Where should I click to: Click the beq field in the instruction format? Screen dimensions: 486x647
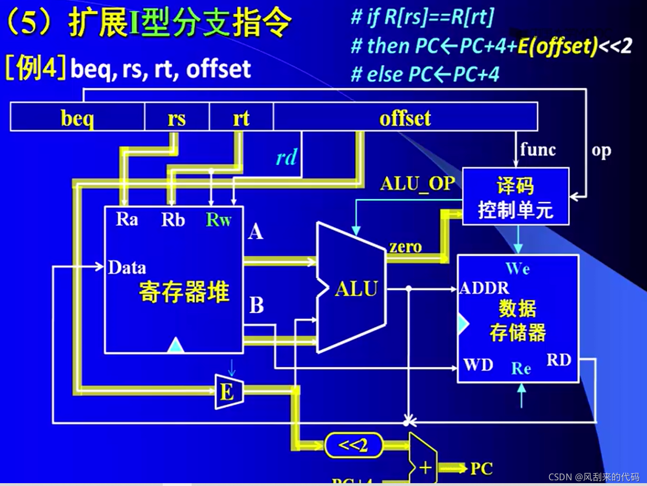click(77, 118)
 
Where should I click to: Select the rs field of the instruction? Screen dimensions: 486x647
click(176, 118)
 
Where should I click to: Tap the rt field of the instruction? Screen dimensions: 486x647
click(241, 118)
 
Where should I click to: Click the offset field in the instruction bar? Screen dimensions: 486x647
click(405, 118)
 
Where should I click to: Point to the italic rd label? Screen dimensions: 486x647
click(287, 158)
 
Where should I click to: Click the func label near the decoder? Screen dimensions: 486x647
click(538, 150)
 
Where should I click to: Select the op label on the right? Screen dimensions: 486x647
click(601, 150)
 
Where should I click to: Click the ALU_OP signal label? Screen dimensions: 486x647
click(417, 184)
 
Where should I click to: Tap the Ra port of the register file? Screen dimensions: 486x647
click(127, 219)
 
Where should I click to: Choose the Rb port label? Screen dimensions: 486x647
click(173, 220)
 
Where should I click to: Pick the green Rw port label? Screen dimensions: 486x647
click(218, 220)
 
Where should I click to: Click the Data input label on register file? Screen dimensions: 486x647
click(127, 268)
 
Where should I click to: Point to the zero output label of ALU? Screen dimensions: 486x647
click(406, 246)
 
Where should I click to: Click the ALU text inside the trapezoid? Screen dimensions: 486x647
click(356, 289)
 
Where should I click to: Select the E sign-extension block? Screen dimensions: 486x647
click(228, 392)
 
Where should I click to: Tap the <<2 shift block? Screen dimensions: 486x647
click(353, 445)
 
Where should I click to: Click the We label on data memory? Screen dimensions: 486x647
click(518, 269)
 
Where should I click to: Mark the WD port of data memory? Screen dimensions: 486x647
click(478, 364)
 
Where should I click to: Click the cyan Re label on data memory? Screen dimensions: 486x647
click(521, 368)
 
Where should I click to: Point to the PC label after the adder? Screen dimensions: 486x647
click(481, 468)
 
